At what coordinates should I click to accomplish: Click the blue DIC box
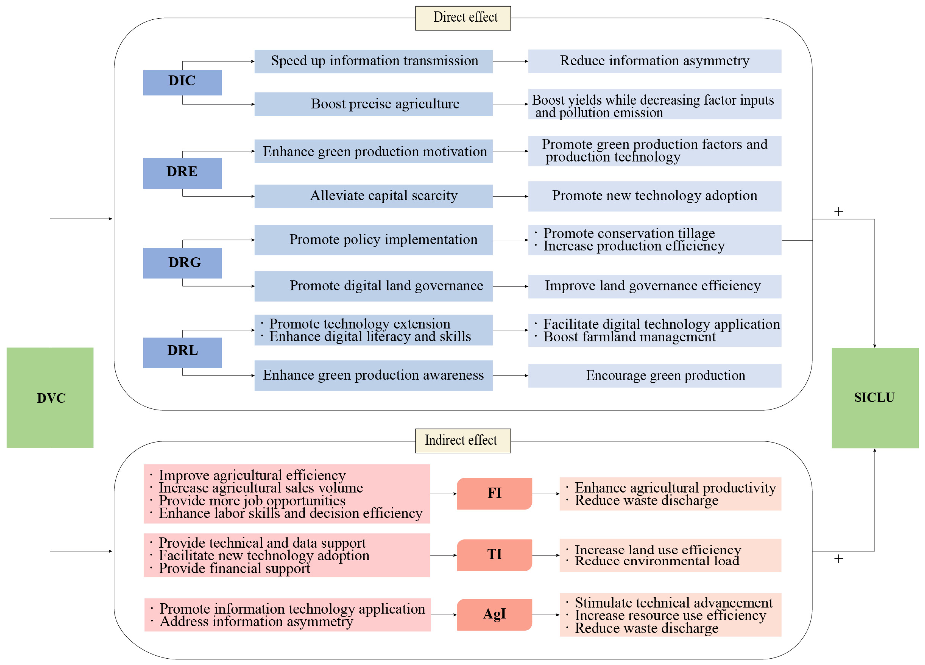pyautogui.click(x=182, y=82)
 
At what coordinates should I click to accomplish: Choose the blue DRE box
pyautogui.click(x=182, y=173)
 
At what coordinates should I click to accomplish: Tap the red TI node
pyautogui.click(x=494, y=555)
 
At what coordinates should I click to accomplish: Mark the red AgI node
pyautogui.click(x=494, y=614)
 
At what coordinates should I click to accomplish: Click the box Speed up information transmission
pyautogui.click(x=373, y=61)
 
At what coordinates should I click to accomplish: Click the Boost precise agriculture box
pyautogui.click(x=373, y=104)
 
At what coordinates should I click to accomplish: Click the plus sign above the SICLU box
pyautogui.click(x=838, y=211)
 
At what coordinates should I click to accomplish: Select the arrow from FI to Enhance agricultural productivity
pyautogui.click(x=546, y=494)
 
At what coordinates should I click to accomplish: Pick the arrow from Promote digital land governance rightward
pyautogui.click(x=510, y=286)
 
